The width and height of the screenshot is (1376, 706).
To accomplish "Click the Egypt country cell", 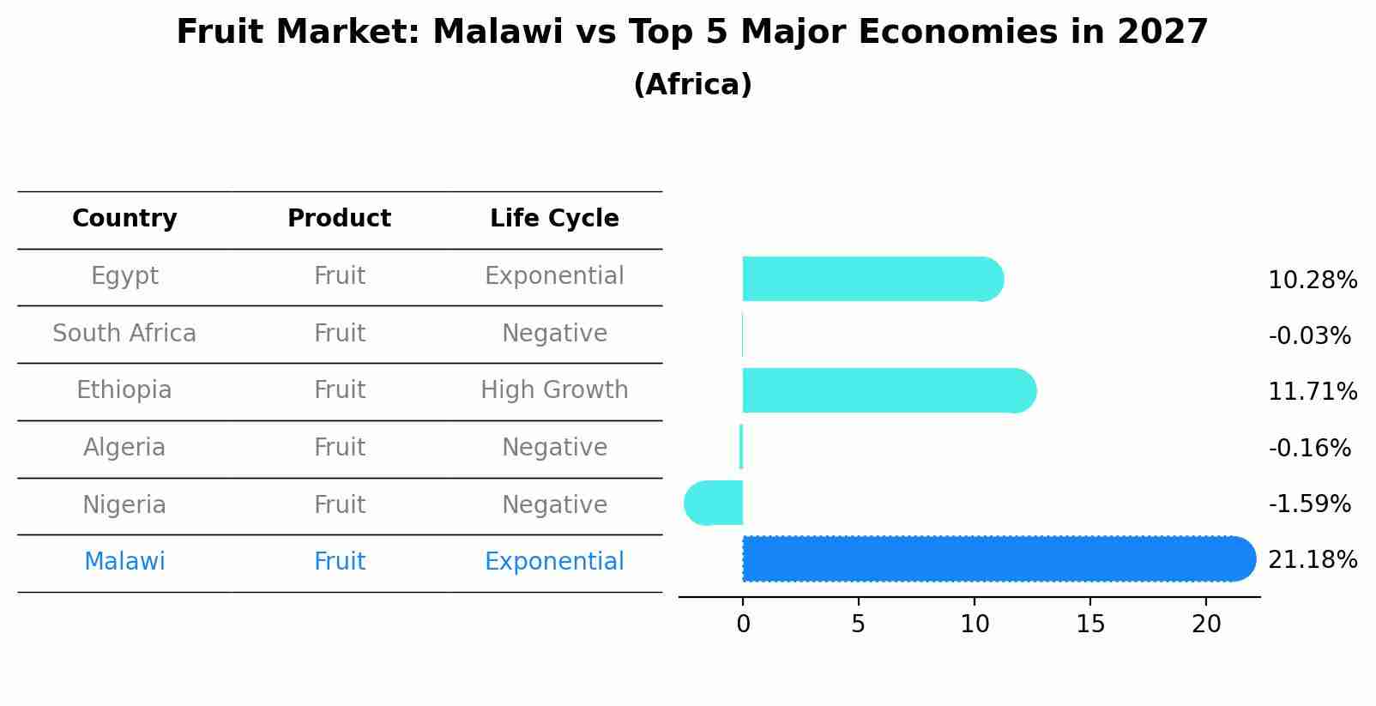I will (124, 276).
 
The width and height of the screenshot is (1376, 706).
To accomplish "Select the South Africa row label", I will (124, 334).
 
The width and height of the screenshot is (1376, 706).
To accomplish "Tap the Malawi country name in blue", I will (124, 562).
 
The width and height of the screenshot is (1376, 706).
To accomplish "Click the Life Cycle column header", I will (554, 219).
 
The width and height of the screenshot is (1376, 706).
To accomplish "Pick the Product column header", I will (339, 219).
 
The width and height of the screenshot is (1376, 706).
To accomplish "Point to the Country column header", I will (124, 219).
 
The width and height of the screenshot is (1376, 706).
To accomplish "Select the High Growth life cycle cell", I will (554, 390).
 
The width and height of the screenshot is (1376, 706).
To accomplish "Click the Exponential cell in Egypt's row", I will (554, 276).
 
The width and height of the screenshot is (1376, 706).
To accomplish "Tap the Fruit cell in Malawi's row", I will (339, 562).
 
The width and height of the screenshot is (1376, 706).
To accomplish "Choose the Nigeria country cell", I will (124, 505).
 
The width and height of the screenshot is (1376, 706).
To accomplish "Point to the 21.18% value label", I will (1312, 560).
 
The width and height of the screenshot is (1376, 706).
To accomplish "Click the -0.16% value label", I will (1309, 449).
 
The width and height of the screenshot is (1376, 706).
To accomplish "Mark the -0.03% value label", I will (1309, 336).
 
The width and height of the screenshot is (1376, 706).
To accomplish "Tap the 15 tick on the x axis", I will (1090, 625).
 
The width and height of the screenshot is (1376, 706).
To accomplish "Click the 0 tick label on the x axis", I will (743, 625).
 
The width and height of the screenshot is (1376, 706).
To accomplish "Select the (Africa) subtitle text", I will (692, 85).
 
